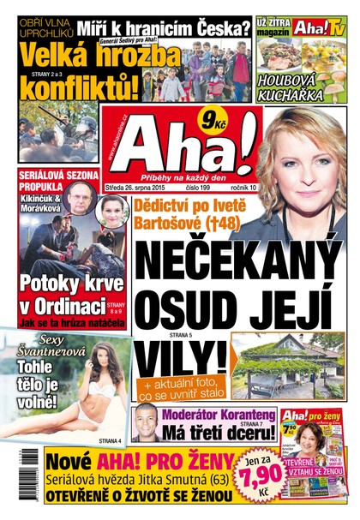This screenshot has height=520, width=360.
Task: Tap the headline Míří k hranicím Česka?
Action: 163,27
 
